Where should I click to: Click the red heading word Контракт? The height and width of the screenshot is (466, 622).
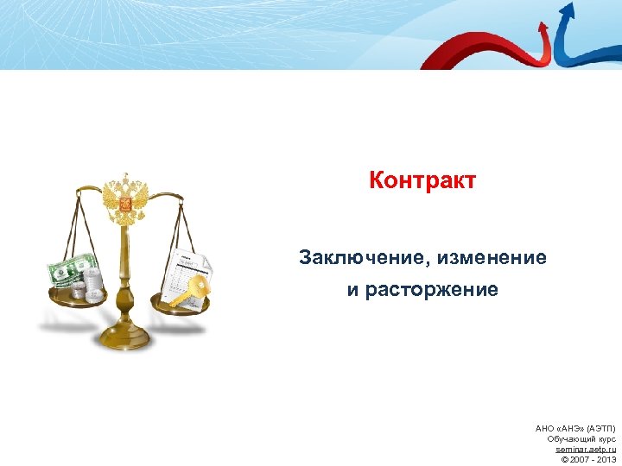[422, 181]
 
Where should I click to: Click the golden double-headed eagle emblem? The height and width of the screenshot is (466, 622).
[126, 198]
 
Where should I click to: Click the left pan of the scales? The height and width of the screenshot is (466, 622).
[76, 299]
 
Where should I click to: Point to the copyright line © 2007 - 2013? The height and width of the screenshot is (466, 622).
[588, 460]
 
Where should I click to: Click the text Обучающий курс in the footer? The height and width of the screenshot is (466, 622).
[581, 439]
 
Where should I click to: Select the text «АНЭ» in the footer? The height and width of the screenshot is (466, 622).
[569, 429]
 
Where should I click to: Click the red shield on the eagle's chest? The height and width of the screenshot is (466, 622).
[126, 205]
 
